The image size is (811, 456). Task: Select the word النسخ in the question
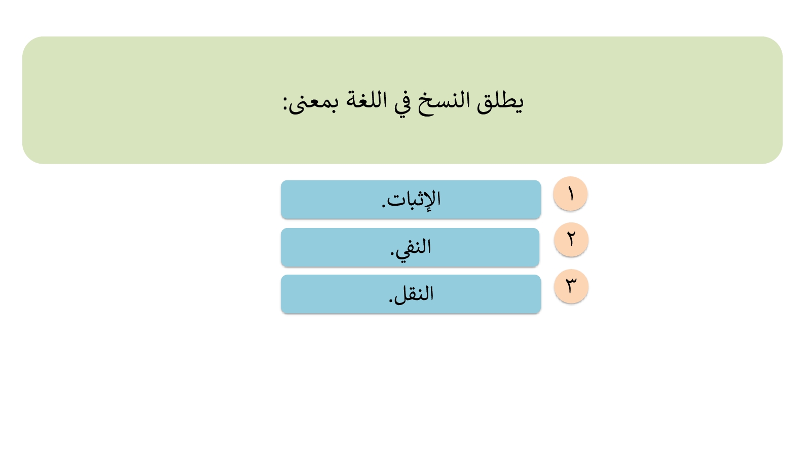tap(444, 103)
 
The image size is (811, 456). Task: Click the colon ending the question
tap(285, 103)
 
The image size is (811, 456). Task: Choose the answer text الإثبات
tap(414, 200)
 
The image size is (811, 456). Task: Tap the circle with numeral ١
tap(570, 194)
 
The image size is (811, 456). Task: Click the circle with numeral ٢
tap(571, 240)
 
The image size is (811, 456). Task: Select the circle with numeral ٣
tap(571, 286)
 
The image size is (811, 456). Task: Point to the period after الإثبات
tap(383, 206)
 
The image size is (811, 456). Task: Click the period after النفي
tap(392, 253)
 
